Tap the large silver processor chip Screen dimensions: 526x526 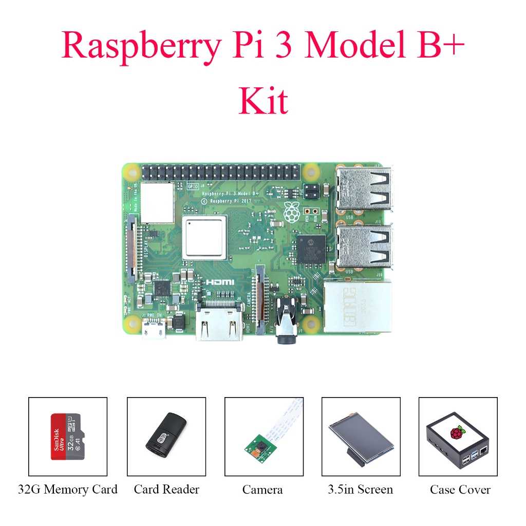pos(204,237)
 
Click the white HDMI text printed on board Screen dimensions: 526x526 pos(219,283)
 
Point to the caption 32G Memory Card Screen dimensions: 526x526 pos(67,490)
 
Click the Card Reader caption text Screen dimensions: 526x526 pos(166,490)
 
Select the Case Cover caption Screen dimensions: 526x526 pos(460,490)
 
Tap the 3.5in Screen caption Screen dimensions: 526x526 pos(360,490)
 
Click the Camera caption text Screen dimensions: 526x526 pos(262,490)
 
